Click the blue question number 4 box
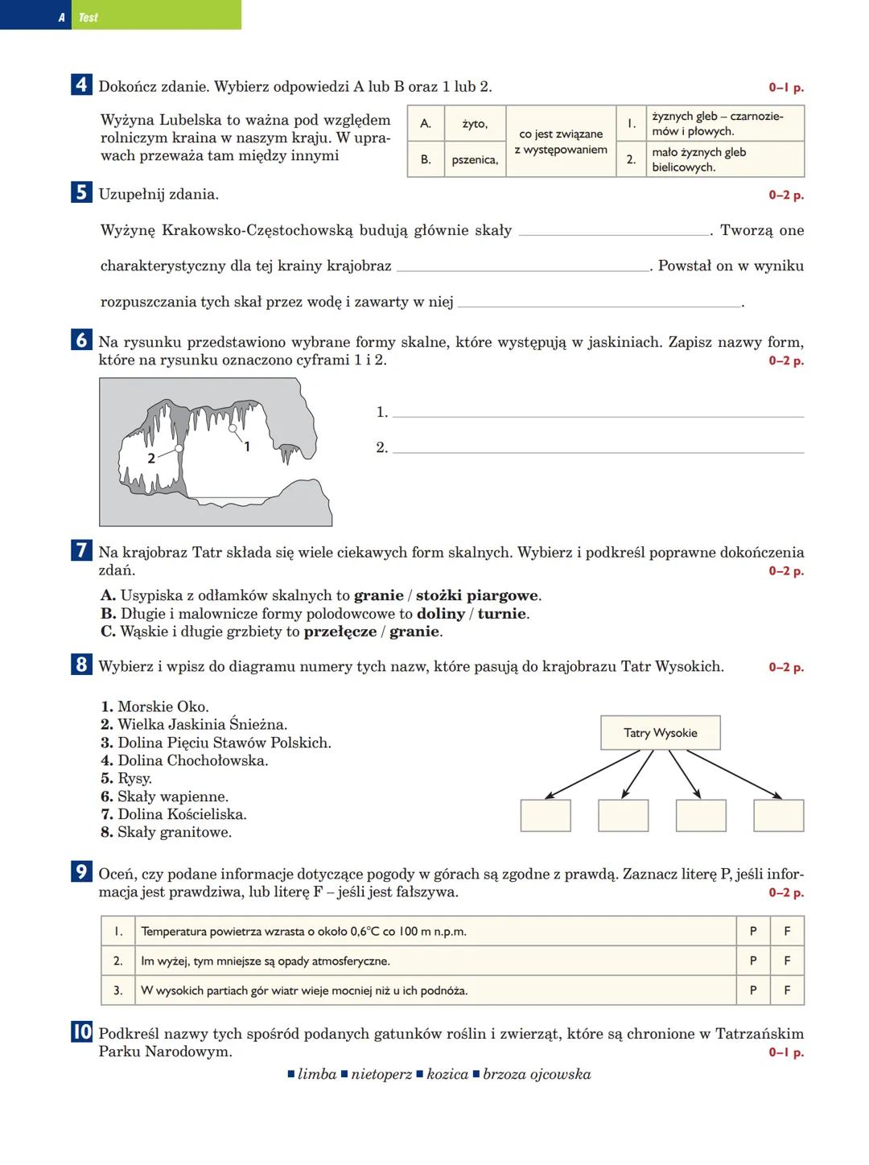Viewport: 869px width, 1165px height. [x=81, y=85]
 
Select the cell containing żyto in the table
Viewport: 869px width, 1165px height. [x=475, y=124]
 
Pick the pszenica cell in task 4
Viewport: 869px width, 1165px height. [x=475, y=160]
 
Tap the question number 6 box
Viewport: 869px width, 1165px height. [x=81, y=341]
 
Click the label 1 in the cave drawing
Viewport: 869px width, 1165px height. [x=247, y=447]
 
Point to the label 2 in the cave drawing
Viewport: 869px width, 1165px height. [x=151, y=458]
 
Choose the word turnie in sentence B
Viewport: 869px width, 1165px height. [x=502, y=614]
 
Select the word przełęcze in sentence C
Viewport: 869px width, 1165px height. [x=340, y=632]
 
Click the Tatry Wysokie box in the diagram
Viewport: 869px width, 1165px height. [x=661, y=733]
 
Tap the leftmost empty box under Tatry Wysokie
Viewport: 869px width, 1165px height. [x=546, y=815]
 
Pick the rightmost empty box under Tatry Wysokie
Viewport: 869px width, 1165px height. [x=778, y=815]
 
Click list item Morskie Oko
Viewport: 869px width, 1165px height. [x=163, y=707]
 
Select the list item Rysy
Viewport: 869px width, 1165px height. [x=134, y=779]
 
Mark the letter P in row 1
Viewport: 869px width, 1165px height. [x=753, y=932]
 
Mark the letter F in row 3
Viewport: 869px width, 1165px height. [x=787, y=990]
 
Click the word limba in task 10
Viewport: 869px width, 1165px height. [x=317, y=1075]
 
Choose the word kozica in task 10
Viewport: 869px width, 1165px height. [x=447, y=1075]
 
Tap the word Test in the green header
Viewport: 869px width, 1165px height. [x=89, y=17]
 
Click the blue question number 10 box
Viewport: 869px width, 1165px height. [x=82, y=1032]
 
